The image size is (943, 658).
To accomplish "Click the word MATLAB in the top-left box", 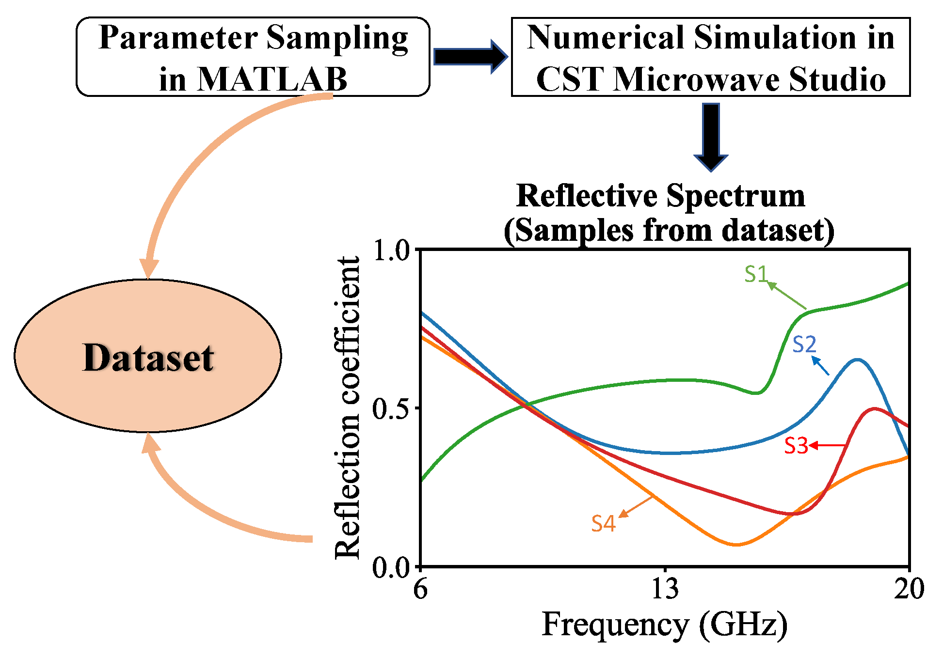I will pyautogui.click(x=273, y=79).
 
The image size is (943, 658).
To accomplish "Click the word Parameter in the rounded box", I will pyautogui.click(x=177, y=38).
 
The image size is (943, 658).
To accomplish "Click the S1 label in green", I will pyautogui.click(x=756, y=274).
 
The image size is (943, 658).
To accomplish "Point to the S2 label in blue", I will pyautogui.click(x=804, y=345).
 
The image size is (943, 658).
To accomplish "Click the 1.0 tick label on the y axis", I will pyautogui.click(x=391, y=251).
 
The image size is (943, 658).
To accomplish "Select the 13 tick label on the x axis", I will pyautogui.click(x=665, y=590).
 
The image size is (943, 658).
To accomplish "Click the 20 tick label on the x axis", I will pyautogui.click(x=909, y=590).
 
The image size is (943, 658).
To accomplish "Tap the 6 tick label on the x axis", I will pyautogui.click(x=420, y=590).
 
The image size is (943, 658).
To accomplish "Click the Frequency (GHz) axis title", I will pyautogui.click(x=665, y=625).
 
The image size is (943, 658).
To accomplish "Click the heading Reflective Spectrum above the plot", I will pyautogui.click(x=660, y=196).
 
